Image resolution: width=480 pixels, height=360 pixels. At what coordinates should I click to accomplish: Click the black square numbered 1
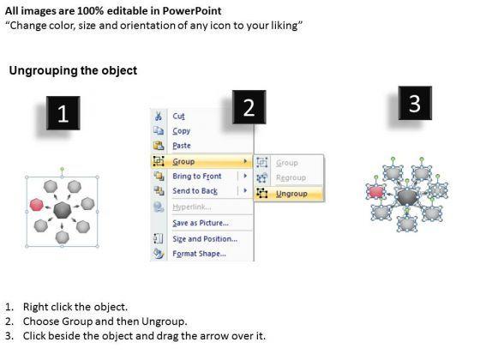63,113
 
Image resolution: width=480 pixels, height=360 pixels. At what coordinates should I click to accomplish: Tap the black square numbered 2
249,107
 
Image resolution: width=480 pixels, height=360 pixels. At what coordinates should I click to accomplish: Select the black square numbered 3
415,103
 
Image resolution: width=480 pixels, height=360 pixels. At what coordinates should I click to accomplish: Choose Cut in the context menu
179,116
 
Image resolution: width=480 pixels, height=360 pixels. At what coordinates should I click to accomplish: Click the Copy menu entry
182,131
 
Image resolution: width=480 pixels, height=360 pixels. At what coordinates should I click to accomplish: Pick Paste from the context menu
182,146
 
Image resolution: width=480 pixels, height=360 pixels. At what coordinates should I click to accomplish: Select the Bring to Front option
197,176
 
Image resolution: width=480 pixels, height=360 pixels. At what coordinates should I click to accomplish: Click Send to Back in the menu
195,191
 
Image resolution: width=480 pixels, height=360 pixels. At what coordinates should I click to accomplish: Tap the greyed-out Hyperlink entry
192,207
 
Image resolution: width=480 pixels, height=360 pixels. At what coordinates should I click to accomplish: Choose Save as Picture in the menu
201,223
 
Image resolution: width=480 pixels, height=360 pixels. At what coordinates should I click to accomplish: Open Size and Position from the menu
205,239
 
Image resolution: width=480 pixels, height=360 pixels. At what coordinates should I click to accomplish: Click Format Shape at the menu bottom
199,254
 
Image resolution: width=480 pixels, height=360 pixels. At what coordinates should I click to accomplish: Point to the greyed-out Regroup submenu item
291,177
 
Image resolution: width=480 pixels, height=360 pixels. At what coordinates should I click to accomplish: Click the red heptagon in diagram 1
36,205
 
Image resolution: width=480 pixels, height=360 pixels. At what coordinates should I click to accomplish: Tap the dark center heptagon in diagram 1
62,210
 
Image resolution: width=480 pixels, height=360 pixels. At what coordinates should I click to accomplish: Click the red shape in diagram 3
376,192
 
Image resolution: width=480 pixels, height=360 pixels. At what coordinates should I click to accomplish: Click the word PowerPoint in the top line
192,11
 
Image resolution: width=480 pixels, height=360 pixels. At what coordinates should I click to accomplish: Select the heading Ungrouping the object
73,70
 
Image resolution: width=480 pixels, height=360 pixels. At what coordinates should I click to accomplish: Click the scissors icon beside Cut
159,116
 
